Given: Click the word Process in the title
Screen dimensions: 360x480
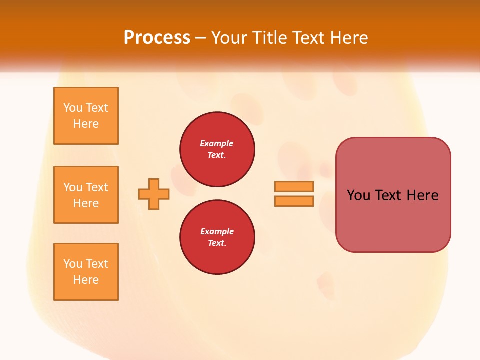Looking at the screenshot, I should [157, 38].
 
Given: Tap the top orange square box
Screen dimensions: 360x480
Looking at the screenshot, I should [86, 116].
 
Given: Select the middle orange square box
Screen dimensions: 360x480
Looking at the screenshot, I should [86, 195].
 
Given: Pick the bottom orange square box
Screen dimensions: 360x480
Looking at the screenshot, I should [86, 272].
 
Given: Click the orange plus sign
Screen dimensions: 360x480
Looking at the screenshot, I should [154, 194].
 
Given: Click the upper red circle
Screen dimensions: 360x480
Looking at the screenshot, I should [217, 149].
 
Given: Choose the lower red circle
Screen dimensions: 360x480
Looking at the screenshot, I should [217, 237].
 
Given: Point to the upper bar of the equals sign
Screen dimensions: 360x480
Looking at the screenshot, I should [294, 186].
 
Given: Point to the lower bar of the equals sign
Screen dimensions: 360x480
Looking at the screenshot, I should [294, 201].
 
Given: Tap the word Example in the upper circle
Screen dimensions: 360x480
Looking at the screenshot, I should [217, 143].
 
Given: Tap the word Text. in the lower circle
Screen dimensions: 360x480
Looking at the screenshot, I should [217, 243].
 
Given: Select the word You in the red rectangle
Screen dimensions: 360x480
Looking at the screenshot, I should [358, 195].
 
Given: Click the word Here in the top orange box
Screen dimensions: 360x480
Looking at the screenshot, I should [86, 124].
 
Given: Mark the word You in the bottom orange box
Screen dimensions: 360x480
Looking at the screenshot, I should [73, 264].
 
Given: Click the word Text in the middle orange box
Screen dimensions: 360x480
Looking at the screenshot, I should [97, 187].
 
